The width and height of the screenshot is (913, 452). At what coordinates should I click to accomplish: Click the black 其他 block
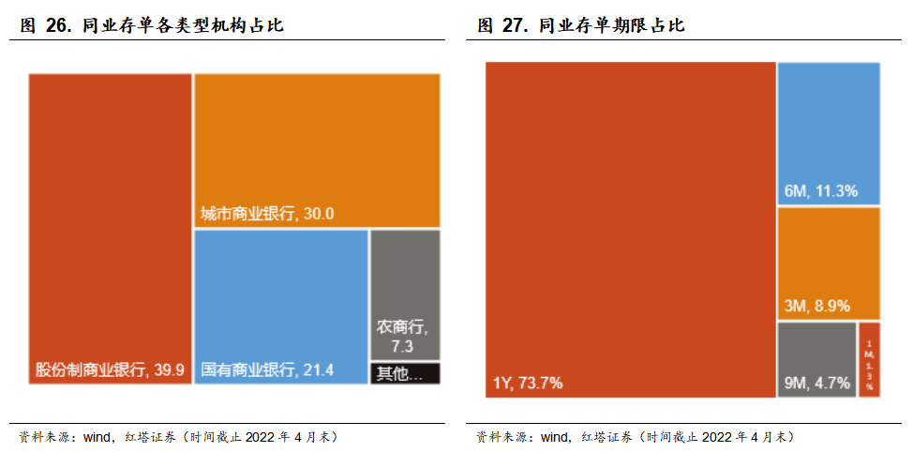pos(405,373)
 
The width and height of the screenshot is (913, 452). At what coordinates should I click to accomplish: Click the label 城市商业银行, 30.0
pos(267,214)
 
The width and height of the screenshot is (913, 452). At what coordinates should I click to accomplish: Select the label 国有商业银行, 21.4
pos(267,369)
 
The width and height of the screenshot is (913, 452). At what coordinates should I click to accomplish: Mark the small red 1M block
pos(869,359)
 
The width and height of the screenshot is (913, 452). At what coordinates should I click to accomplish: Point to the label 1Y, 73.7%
pos(528,383)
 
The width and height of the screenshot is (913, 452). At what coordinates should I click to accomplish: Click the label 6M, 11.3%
pos(820,191)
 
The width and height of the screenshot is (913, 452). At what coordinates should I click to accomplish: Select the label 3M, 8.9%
pos(816,306)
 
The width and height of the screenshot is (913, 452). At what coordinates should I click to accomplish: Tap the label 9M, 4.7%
pos(816,383)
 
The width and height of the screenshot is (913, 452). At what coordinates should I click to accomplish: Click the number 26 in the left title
pos(58,26)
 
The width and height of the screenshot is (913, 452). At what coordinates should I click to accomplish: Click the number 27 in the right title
pos(516,26)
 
